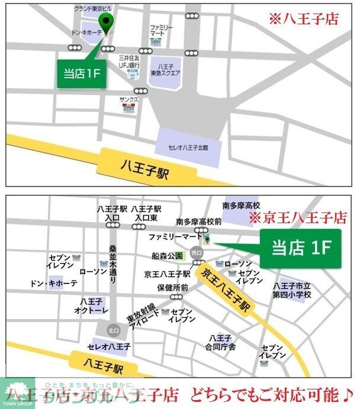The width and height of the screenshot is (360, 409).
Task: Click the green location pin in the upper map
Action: (x=107, y=22)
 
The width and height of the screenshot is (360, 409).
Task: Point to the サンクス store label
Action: (x=128, y=100)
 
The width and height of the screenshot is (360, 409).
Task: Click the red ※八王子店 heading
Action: (x=307, y=20)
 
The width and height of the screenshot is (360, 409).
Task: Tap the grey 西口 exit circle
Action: (x=197, y=253)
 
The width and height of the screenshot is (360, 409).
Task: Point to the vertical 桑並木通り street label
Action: (x=112, y=261)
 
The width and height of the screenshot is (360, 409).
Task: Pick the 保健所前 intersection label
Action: (x=172, y=288)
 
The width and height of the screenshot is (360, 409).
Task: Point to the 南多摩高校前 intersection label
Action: (x=199, y=222)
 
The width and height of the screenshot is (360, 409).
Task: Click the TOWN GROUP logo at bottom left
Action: (x=17, y=395)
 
